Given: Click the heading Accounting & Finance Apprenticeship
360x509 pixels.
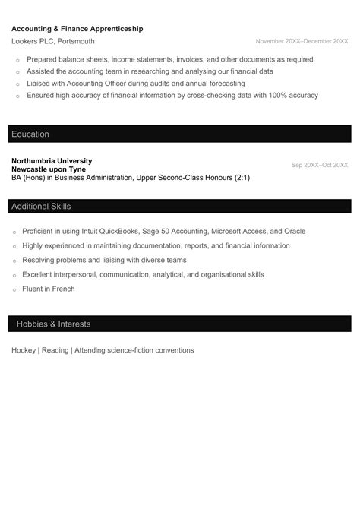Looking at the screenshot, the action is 77,28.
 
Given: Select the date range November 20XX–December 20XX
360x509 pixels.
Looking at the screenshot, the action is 302,41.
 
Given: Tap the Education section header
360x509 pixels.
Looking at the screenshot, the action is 30,134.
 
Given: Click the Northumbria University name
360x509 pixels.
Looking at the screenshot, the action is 52,161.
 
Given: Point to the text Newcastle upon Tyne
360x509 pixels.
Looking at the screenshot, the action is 48,169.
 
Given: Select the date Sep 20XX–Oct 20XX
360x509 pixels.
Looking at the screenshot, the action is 319,165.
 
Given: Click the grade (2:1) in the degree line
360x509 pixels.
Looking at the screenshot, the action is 238,178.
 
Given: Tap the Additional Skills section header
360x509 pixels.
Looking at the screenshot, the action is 41,207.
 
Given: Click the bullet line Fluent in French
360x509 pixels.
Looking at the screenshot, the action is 49,289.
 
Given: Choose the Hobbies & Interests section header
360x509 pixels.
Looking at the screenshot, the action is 53,324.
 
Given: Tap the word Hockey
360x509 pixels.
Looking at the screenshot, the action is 24,350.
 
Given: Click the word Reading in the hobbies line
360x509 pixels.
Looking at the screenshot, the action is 55,350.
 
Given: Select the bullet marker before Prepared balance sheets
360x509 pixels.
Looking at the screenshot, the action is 15,59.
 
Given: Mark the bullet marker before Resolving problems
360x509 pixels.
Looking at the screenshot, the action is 15,261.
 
